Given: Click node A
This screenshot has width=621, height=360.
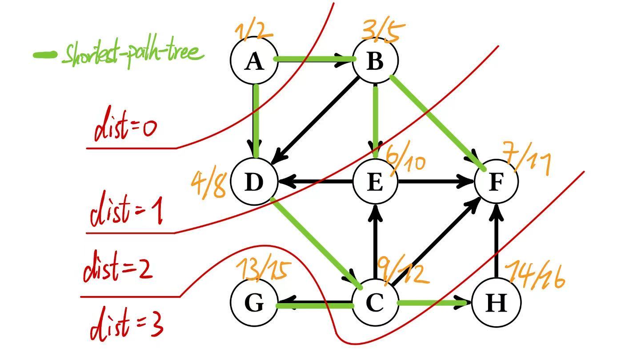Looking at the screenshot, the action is [254, 60].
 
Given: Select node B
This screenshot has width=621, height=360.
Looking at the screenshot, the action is [375, 60].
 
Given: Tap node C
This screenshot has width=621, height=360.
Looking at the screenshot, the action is [375, 302].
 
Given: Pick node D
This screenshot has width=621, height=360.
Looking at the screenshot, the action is [254, 182].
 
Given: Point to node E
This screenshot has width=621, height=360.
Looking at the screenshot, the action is [375, 182].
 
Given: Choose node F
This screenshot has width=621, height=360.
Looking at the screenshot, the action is [496, 182].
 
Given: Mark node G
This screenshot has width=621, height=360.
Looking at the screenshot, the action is [254, 303].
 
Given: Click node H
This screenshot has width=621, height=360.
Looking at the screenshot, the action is [496, 303].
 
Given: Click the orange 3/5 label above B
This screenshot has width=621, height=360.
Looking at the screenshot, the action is [383, 32].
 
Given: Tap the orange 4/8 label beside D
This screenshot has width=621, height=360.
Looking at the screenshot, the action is [208, 185].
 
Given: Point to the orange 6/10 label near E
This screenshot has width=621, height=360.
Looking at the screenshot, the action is [405, 160].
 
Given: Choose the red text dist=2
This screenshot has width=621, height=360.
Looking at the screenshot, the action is [118, 267].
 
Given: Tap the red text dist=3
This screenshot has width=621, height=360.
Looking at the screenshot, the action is [126, 324].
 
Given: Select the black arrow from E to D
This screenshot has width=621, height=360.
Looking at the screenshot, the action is [316, 182].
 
